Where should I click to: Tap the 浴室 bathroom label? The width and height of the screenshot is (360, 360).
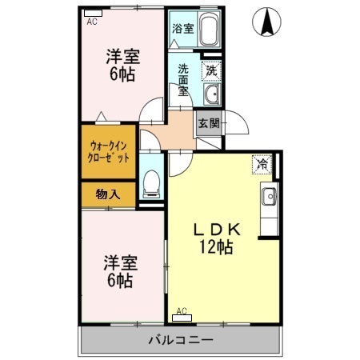coord(182,29)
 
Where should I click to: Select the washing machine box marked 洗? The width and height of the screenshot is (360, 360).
coord(211,70)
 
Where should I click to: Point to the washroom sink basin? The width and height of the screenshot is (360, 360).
coord(211,96)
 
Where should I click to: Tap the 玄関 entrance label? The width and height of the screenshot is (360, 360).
coord(208,123)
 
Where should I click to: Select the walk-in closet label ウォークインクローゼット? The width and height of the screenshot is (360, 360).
coord(109,151)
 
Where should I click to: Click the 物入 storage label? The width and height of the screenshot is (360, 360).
coord(108,194)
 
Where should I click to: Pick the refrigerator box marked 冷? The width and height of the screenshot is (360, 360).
coord(262,164)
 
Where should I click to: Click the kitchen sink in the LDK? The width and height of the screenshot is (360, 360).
coord(269,194)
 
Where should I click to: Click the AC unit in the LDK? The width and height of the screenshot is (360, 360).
coord(182,315)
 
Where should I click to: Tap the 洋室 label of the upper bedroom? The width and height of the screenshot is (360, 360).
coord(122,57)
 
